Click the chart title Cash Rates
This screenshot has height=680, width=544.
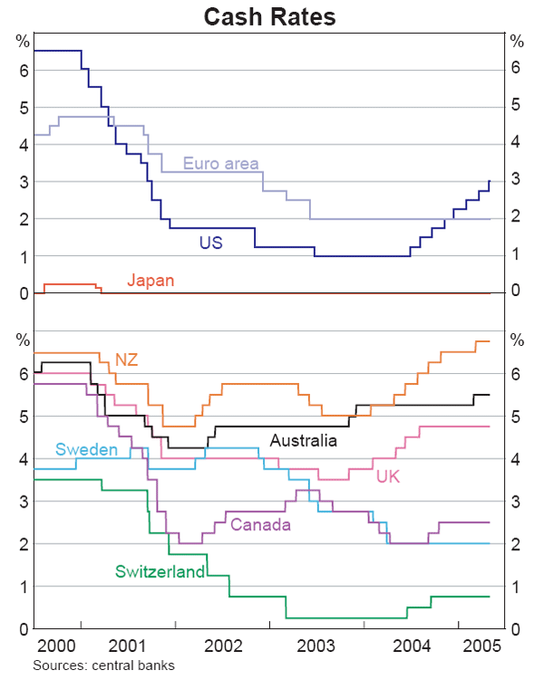[x=269, y=16]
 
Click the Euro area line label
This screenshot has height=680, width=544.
[x=221, y=164]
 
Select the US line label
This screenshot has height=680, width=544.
[x=210, y=242]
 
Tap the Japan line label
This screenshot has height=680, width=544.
[x=150, y=281]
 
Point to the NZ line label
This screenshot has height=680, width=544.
[x=126, y=360]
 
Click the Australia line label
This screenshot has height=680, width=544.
[x=303, y=440]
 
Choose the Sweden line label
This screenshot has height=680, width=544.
[x=86, y=450]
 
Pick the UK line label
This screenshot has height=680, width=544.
[x=388, y=476]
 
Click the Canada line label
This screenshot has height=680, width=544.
[x=260, y=525]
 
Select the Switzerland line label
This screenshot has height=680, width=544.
[x=160, y=572]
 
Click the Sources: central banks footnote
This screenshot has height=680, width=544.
[x=103, y=665]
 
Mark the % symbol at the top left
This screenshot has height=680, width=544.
[x=23, y=41]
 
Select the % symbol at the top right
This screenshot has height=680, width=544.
[x=517, y=41]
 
